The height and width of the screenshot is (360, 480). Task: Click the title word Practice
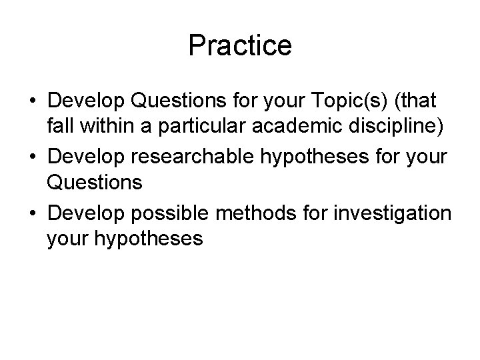pos(240,45)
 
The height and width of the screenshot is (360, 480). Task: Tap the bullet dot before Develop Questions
pos(33,102)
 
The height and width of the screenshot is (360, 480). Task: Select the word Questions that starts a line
pos(95,181)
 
